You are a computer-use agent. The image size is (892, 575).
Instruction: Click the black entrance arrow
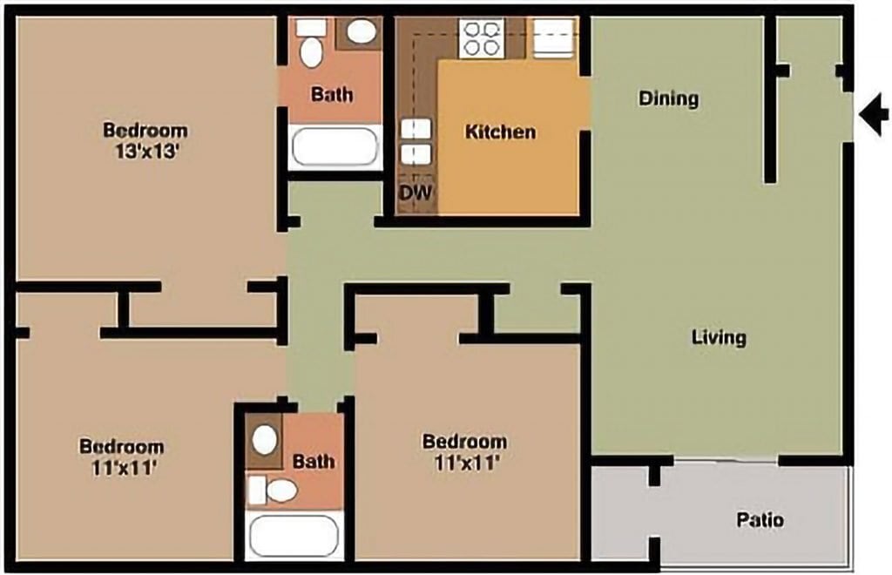[874, 114]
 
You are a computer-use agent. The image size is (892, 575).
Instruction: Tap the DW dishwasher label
[416, 193]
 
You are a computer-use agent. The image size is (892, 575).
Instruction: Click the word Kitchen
[500, 132]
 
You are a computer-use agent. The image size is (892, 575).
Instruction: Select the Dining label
[669, 98]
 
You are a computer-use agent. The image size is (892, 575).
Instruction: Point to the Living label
[719, 336]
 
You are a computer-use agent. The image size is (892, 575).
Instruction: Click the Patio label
[760, 520]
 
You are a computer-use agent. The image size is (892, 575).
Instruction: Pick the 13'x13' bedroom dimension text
[145, 150]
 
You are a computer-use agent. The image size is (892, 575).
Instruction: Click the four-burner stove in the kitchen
[483, 38]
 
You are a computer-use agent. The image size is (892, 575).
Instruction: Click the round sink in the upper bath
[360, 32]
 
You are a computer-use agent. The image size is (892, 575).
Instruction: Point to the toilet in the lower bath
[274, 490]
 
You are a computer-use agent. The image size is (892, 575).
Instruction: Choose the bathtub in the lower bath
[293, 535]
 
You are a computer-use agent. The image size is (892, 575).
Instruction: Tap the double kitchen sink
[416, 142]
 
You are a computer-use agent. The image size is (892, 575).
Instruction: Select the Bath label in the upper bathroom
[332, 93]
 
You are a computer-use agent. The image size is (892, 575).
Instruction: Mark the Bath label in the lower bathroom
[314, 461]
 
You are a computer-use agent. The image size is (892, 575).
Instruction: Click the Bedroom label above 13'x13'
[145, 131]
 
